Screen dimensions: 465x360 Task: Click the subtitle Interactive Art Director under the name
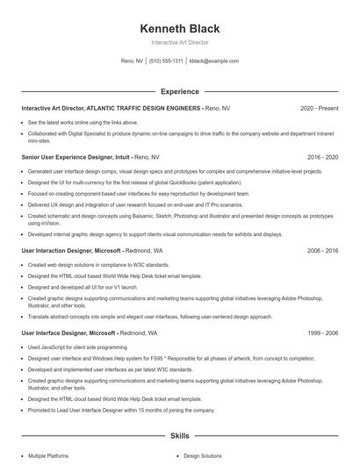pyautogui.click(x=179, y=42)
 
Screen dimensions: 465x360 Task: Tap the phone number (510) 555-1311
pyautogui.click(x=166, y=61)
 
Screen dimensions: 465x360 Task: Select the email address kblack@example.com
pyautogui.click(x=214, y=61)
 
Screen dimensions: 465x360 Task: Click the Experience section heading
pyautogui.click(x=179, y=91)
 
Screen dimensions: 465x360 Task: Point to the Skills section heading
pyautogui.click(x=179, y=435)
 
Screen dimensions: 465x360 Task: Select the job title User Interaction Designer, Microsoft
pyautogui.click(x=71, y=250)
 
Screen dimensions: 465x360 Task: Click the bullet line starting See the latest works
pyautogui.click(x=83, y=122)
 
